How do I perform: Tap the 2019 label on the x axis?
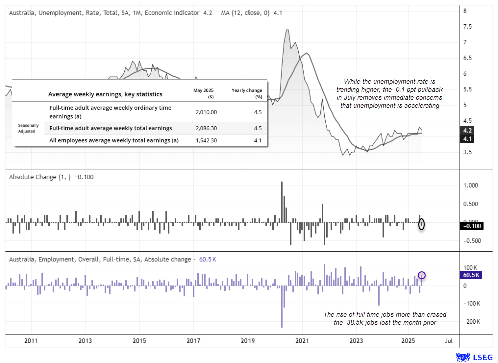pyautogui.click(x=247, y=341)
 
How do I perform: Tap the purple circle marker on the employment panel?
pyautogui.click(x=422, y=275)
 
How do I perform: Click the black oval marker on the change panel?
pyautogui.click(x=422, y=224)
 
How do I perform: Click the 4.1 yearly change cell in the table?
pyautogui.click(x=258, y=141)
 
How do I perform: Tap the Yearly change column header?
pyautogui.click(x=245, y=93)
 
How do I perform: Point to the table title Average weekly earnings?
pyautogui.click(x=105, y=94)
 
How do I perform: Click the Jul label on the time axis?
pyautogui.click(x=448, y=341)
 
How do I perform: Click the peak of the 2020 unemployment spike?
pyautogui.click(x=287, y=30)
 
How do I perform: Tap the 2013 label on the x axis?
pyautogui.click(x=85, y=341)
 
